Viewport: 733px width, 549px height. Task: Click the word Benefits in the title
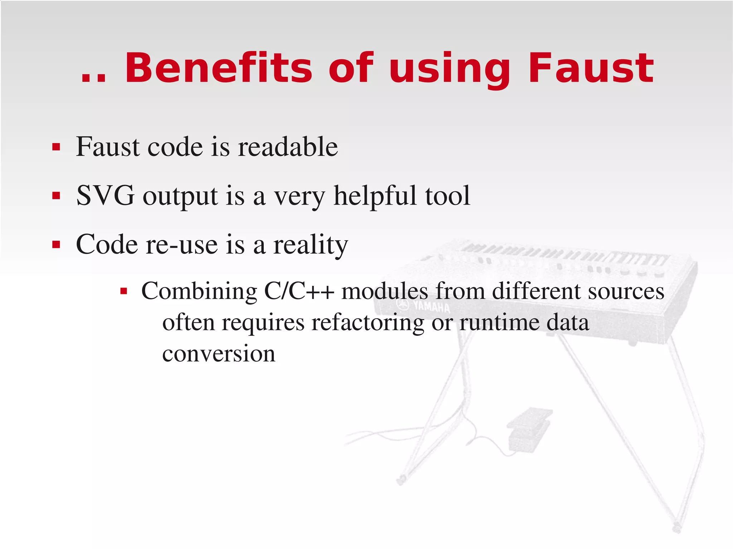pyautogui.click(x=218, y=68)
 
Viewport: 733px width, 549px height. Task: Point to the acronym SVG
pyautogui.click(x=106, y=196)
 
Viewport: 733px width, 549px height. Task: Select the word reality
pyautogui.click(x=310, y=245)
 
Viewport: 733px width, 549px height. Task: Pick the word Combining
pyautogui.click(x=199, y=291)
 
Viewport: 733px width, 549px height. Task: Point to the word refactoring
pyautogui.click(x=368, y=323)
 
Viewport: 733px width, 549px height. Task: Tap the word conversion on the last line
pyautogui.click(x=219, y=354)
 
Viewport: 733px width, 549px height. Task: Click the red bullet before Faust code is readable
pyautogui.click(x=56, y=147)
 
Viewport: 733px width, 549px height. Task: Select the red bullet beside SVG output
pyautogui.click(x=56, y=196)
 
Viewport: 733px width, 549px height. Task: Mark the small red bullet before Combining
pyautogui.click(x=124, y=291)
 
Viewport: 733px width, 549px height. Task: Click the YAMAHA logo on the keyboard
pyautogui.click(x=424, y=306)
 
